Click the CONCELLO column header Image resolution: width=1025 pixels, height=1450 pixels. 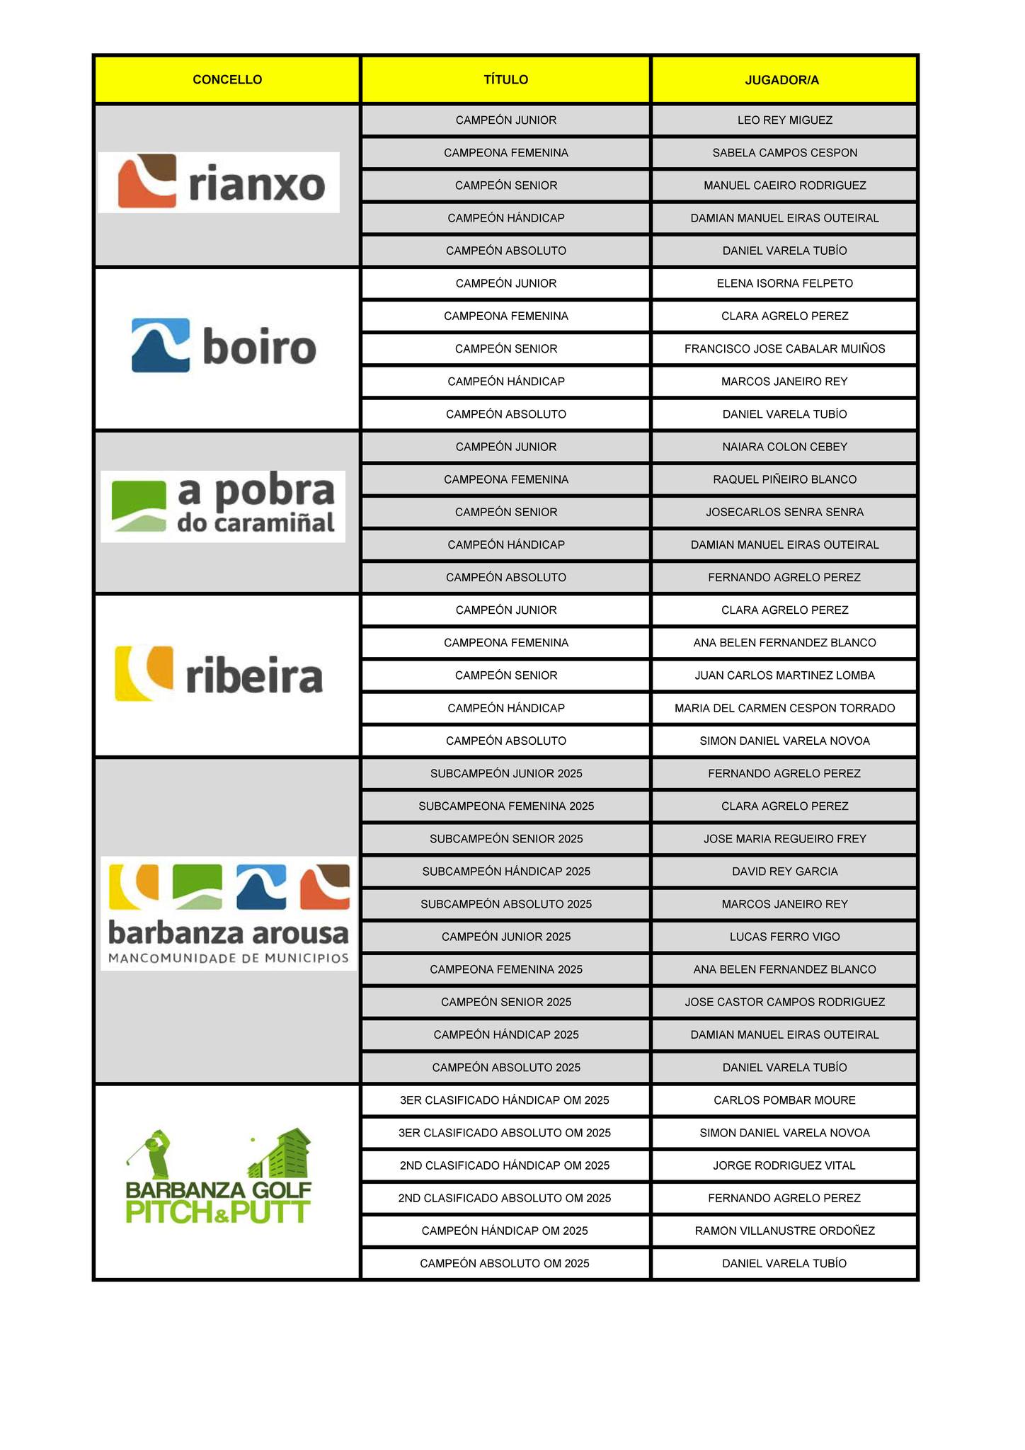point(227,80)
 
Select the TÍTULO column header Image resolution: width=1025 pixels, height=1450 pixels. point(505,80)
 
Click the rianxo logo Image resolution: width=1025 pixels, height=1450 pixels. point(219,183)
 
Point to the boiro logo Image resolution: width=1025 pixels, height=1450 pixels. point(224,346)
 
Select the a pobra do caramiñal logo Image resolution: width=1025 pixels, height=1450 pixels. point(223,507)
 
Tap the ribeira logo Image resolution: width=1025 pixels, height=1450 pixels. point(219,673)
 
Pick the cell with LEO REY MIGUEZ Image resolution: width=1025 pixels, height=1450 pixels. point(784,120)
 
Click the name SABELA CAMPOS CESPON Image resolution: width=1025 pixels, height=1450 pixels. point(784,153)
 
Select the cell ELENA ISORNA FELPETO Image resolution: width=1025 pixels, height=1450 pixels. point(784,284)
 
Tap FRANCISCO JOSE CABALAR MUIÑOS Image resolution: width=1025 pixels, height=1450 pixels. point(784,349)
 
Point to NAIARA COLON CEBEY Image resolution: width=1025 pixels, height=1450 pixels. point(784,447)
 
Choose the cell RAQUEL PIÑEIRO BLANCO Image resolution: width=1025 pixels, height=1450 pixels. point(784,480)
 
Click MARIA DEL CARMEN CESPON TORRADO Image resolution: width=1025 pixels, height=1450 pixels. point(784,709)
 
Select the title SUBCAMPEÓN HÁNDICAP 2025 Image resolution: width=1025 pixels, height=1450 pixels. point(506,872)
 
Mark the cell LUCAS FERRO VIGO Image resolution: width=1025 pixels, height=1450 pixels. point(784,937)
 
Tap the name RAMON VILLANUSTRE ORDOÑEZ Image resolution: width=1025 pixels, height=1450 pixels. point(784,1231)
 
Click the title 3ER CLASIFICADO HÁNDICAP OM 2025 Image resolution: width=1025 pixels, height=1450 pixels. point(505,1100)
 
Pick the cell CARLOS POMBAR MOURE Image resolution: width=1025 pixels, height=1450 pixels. point(784,1100)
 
